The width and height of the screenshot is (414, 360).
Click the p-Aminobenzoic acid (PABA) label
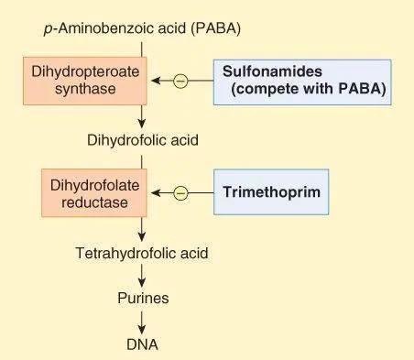click(x=142, y=28)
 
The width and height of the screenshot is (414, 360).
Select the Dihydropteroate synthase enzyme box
click(x=83, y=81)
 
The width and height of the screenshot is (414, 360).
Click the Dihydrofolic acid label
click(x=142, y=141)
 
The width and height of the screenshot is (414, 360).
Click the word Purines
click(x=142, y=298)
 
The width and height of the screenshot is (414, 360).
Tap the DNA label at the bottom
click(x=142, y=344)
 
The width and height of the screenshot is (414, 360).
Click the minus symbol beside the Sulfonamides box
click(x=180, y=82)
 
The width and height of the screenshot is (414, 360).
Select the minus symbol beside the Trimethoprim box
click(x=180, y=192)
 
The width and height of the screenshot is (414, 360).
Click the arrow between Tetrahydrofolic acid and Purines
click(x=142, y=275)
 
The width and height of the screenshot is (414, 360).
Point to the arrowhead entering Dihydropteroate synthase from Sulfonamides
click(x=157, y=82)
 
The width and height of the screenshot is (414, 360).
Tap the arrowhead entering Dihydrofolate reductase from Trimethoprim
click(x=157, y=192)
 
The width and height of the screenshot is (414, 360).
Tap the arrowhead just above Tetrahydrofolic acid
click(x=142, y=235)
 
